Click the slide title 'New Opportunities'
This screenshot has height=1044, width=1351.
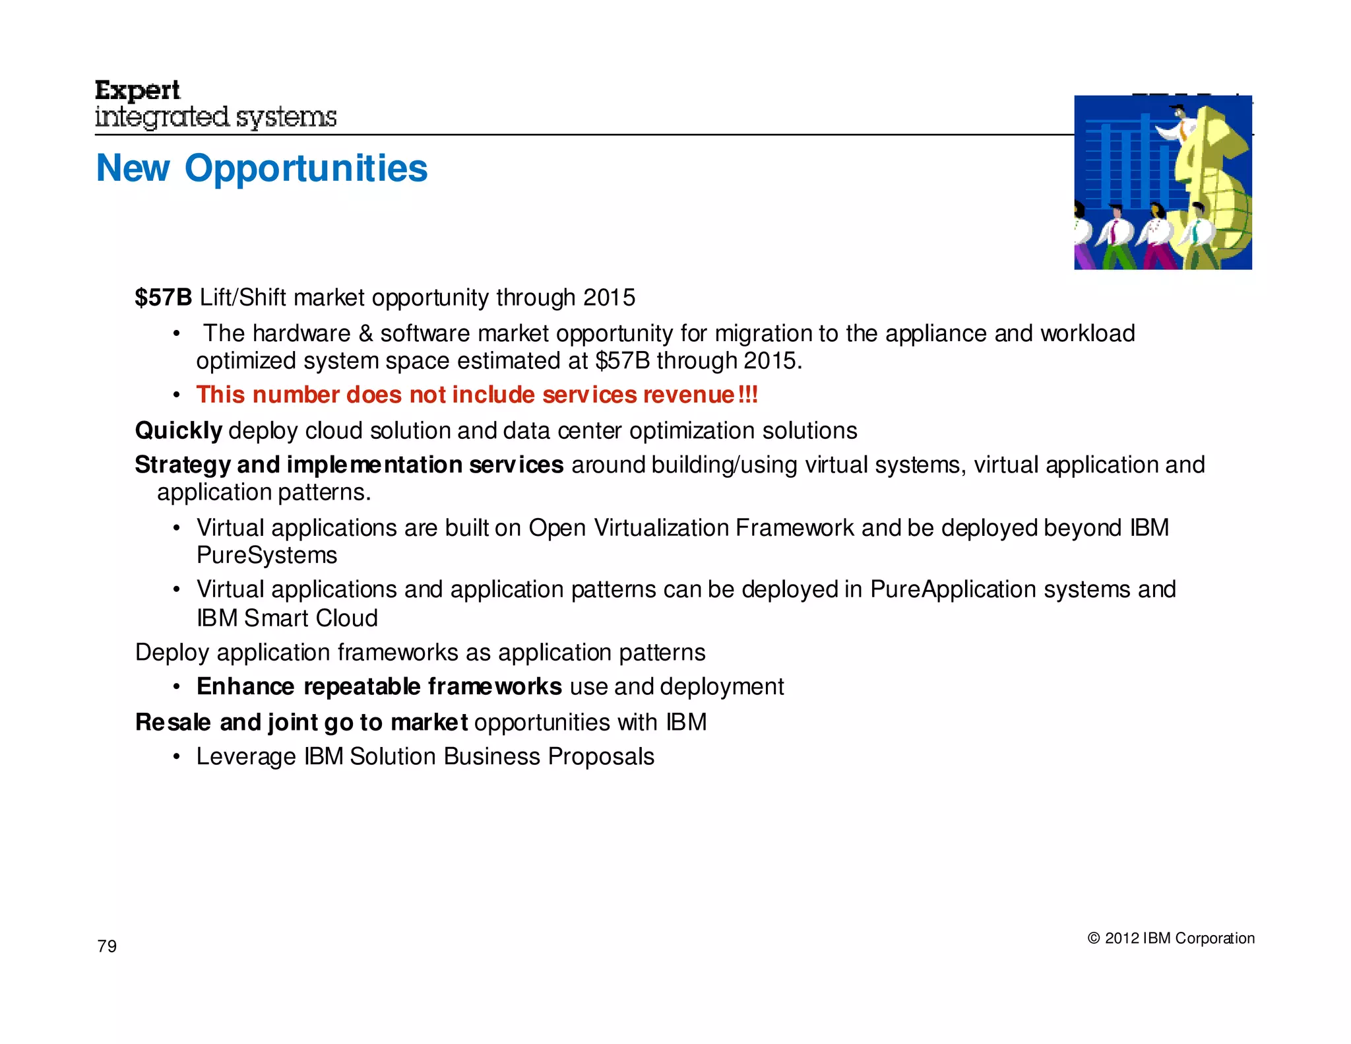point(262,168)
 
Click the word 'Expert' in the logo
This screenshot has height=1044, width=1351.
point(137,90)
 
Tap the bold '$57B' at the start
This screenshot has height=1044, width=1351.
point(163,298)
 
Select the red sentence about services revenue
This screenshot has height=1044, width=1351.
point(477,395)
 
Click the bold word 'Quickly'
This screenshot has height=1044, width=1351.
point(178,431)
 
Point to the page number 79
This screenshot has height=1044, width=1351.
point(107,946)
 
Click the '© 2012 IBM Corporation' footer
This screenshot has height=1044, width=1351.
point(1170,938)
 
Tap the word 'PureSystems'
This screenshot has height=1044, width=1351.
point(267,556)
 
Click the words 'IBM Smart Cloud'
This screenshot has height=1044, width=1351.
point(287,618)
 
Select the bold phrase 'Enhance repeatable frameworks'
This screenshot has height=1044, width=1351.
point(379,687)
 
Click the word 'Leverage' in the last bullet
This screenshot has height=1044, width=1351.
point(246,757)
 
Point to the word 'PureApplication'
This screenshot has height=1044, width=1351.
point(949,589)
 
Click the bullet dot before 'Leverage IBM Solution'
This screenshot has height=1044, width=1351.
point(176,757)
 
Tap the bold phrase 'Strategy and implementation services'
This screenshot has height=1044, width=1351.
point(349,465)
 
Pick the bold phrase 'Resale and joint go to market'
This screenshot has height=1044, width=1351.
point(301,723)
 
